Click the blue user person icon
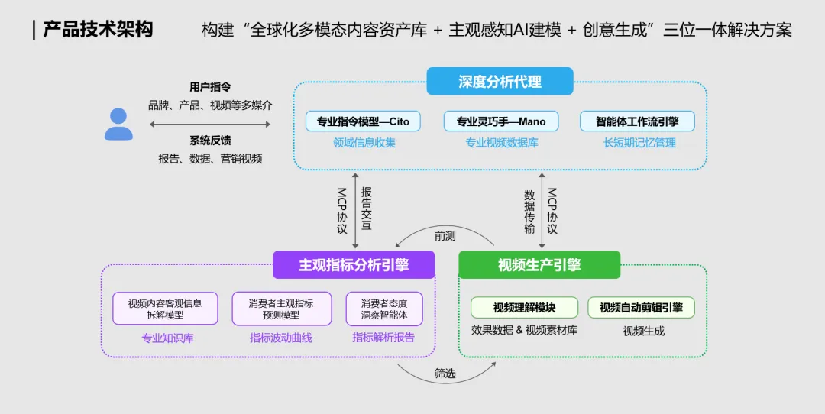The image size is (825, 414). click(118, 124)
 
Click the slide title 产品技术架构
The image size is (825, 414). click(98, 30)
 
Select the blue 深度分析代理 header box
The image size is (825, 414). click(500, 82)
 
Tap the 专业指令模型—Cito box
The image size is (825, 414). click(363, 121)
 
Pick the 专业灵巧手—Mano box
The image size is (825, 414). click(500, 121)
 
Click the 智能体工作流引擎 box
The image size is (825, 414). click(637, 121)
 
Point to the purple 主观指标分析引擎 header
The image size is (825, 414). click(354, 265)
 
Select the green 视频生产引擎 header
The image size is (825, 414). click(539, 265)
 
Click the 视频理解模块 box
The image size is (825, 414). click(524, 308)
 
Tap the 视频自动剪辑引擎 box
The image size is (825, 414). click(641, 308)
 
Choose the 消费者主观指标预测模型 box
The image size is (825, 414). click(281, 309)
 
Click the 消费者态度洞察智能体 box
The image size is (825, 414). click(383, 309)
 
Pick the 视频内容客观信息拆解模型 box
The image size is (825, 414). click(165, 309)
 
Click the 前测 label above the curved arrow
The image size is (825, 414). click(445, 236)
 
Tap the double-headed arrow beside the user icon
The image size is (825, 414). click(210, 124)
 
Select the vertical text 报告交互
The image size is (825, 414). click(366, 209)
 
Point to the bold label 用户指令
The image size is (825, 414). click(210, 87)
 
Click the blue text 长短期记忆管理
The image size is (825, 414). click(639, 143)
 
